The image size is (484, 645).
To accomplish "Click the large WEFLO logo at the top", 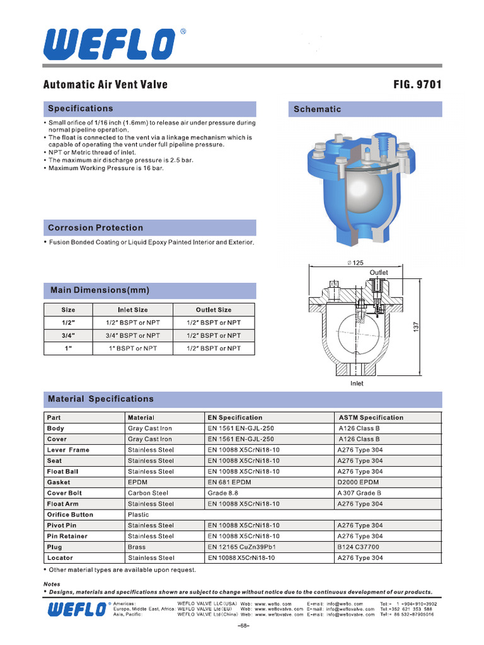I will click(110, 43).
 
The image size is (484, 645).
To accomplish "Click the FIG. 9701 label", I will click(417, 84).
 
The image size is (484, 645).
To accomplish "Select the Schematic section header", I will click(318, 109).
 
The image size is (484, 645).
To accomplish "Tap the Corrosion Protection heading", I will click(96, 227).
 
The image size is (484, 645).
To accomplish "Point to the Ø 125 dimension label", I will click(356, 263).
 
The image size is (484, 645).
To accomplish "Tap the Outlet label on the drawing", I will click(379, 272).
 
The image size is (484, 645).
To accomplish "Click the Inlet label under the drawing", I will click(357, 383).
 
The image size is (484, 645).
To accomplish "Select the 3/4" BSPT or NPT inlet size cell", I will click(133, 336).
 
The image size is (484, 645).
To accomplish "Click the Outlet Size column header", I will click(214, 310).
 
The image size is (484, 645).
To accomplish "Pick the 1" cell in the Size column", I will click(68, 348).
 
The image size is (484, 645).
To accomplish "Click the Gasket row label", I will click(59, 482).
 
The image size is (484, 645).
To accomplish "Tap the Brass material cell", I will click(137, 547).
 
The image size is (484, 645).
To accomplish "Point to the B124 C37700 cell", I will click(359, 547).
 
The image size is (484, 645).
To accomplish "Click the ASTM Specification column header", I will click(371, 417).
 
